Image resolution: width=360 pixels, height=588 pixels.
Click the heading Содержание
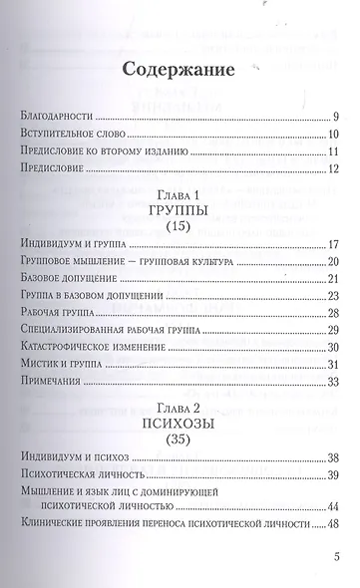[x=181, y=71]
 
